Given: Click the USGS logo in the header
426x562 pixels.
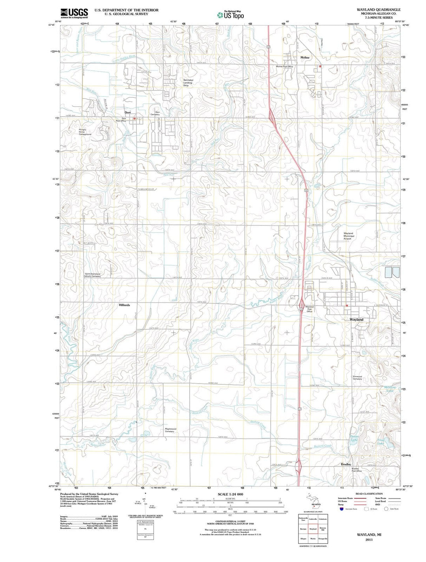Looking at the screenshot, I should click(74, 13).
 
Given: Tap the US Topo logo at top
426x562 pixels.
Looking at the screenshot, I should click(230, 15).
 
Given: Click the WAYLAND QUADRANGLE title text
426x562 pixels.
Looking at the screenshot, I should click(378, 9).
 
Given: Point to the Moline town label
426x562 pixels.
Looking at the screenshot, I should click(305, 58).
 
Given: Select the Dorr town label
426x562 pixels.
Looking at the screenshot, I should click(127, 112).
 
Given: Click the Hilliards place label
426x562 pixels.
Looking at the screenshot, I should click(124, 305).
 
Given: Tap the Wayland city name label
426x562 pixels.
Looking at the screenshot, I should click(357, 319).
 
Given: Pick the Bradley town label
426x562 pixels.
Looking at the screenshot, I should click(346, 464).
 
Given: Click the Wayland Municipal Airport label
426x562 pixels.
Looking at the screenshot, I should click(349, 236).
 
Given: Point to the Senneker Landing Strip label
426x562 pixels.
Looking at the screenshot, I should click(188, 82).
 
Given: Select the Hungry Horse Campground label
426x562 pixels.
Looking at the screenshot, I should click(85, 132).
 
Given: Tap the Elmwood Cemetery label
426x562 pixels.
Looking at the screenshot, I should click(357, 377).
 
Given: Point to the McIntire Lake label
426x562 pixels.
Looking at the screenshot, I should click(389, 389).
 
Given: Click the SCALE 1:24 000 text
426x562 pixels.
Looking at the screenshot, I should click(230, 494).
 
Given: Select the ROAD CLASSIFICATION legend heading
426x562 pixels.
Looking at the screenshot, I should click(369, 494).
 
